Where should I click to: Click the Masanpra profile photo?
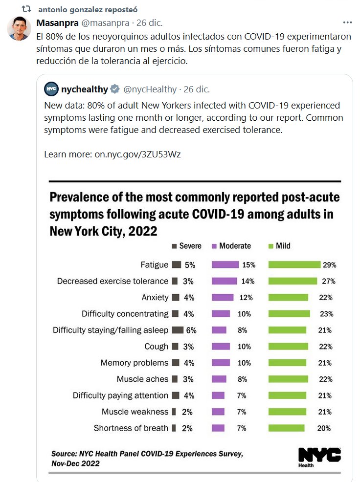[19, 28]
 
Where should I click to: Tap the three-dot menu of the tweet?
[347, 22]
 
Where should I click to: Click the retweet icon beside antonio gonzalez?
[28, 9]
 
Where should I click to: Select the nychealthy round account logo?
[51, 89]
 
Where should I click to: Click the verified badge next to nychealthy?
[115, 89]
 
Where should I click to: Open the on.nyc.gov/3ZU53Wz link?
[138, 154]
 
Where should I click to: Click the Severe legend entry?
[186, 246]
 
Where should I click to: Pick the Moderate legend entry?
[230, 246]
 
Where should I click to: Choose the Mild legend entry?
[279, 246]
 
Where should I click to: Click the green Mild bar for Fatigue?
[294, 265]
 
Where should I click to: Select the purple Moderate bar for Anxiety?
[223, 297]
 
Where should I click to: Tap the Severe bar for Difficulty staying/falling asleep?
[178, 330]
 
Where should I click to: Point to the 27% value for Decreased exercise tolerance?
[327, 281]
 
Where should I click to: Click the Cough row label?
[156, 346]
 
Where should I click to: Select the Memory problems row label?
[134, 363]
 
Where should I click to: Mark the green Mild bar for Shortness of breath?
[287, 428]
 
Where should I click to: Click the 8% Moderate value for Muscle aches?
[242, 379]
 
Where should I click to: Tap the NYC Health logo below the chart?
[319, 456]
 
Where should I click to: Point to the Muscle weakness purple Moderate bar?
[218, 412]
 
